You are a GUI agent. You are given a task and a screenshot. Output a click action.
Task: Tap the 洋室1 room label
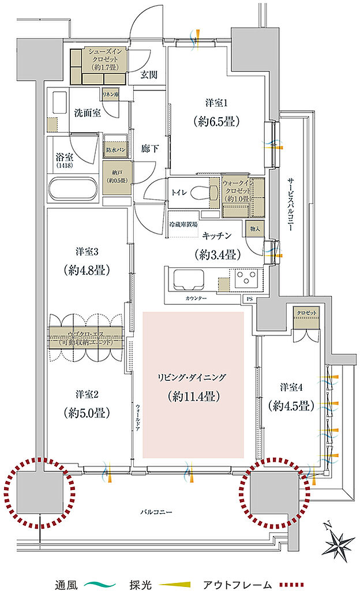[217, 103]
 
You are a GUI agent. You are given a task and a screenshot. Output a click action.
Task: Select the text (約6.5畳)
[217, 121]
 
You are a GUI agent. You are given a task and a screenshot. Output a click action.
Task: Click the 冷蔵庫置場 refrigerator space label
[183, 224]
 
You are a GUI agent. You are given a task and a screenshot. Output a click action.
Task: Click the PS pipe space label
[249, 299]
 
